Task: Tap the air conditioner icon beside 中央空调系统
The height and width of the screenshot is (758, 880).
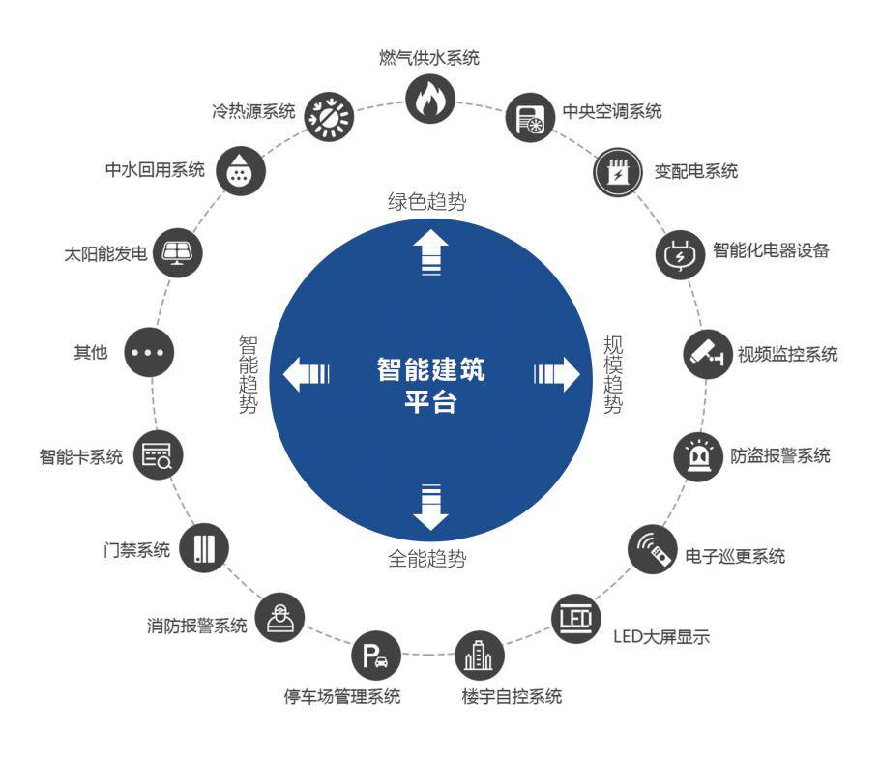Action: pyautogui.click(x=529, y=118)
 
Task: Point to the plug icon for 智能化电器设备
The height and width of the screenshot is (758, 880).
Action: pyautogui.click(x=679, y=254)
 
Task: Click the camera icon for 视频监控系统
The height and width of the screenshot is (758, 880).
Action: pyautogui.click(x=707, y=354)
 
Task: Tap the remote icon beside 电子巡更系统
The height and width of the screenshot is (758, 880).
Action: pyautogui.click(x=652, y=551)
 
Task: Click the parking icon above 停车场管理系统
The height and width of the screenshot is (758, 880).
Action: pyautogui.click(x=374, y=657)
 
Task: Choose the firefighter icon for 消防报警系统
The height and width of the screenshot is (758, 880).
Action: pyautogui.click(x=280, y=614)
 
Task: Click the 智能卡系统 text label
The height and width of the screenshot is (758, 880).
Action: pyautogui.click(x=81, y=457)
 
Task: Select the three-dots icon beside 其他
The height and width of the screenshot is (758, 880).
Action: pyautogui.click(x=149, y=354)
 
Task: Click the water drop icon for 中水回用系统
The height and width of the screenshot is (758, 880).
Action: pyautogui.click(x=237, y=170)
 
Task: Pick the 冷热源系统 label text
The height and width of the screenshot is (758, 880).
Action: pyautogui.click(x=252, y=112)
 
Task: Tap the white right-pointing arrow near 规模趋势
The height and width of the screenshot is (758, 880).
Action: pyautogui.click(x=555, y=373)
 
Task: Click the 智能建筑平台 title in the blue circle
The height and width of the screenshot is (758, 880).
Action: pyautogui.click(x=431, y=384)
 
